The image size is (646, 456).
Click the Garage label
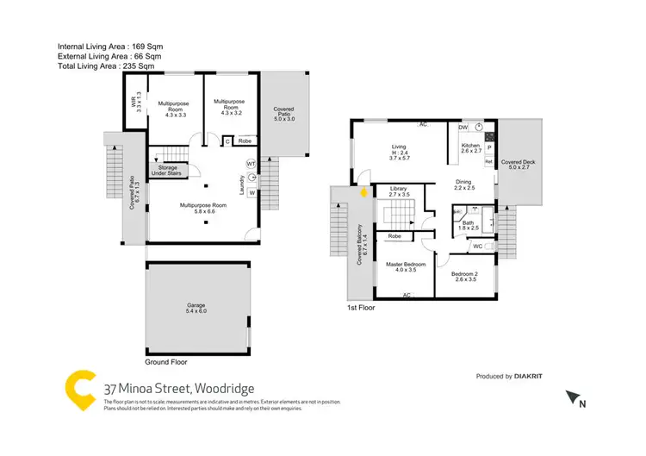click(x=196, y=307)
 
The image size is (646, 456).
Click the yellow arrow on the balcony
click(x=363, y=194)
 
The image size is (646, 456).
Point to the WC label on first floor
click(x=477, y=247)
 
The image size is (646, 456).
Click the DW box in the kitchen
click(x=463, y=125)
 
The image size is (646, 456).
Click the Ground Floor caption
click(x=166, y=363)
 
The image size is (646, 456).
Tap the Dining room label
click(x=464, y=184)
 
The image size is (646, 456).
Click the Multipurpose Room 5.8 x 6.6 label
click(x=202, y=208)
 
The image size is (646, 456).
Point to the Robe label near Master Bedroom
click(x=394, y=236)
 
